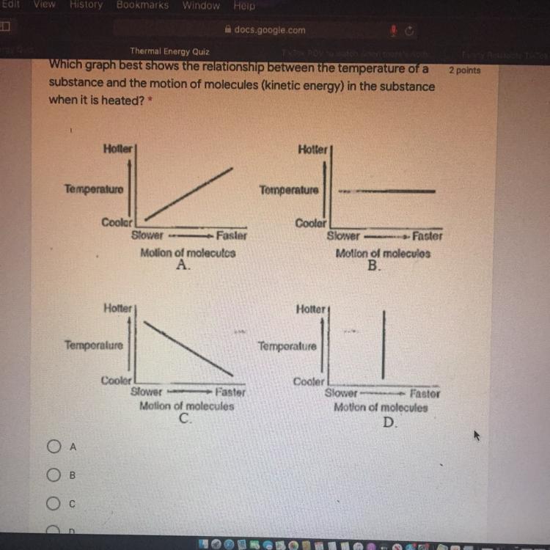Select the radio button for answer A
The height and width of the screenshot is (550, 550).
pyautogui.click(x=53, y=446)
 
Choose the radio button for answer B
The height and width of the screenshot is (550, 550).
pyautogui.click(x=53, y=475)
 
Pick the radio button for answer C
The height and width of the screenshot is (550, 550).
pyautogui.click(x=53, y=505)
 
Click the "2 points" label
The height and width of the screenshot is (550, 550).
pyautogui.click(x=464, y=70)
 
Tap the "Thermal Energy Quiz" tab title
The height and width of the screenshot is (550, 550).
pyautogui.click(x=170, y=51)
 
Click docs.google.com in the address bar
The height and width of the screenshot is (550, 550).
pyautogui.click(x=269, y=30)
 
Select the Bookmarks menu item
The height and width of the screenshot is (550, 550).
pyautogui.click(x=142, y=5)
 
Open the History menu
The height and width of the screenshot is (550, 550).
pyautogui.click(x=86, y=5)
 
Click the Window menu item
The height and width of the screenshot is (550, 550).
pyautogui.click(x=200, y=5)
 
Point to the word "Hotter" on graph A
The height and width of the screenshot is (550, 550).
pyautogui.click(x=118, y=149)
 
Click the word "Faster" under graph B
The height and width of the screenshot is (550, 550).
pyautogui.click(x=427, y=236)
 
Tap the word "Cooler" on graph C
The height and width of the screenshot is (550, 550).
pyautogui.click(x=116, y=381)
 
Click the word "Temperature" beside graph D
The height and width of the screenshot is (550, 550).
pyautogui.click(x=287, y=346)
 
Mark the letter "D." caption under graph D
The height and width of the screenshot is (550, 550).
pyautogui.click(x=389, y=422)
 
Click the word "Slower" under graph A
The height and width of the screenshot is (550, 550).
pyautogui.click(x=148, y=235)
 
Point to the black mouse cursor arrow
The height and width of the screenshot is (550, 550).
pyautogui.click(x=476, y=436)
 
